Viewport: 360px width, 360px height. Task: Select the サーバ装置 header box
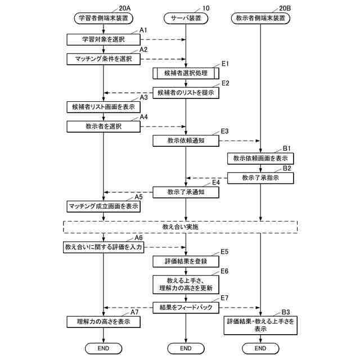click(x=186, y=18)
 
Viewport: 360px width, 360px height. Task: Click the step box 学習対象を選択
click(x=103, y=39)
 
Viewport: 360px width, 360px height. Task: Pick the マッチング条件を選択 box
click(x=103, y=58)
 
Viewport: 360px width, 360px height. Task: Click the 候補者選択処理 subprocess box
click(x=186, y=74)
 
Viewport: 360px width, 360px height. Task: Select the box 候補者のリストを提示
click(x=186, y=92)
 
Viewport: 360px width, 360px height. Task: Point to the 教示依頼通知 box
click(x=186, y=141)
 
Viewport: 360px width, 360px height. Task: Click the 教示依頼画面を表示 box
click(x=260, y=159)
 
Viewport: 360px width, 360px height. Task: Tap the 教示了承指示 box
click(x=260, y=178)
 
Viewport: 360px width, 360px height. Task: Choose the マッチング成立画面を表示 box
click(x=103, y=206)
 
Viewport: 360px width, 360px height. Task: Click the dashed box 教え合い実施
click(x=180, y=227)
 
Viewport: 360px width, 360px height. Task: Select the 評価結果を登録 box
click(x=186, y=261)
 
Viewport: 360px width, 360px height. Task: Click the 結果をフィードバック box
click(x=186, y=307)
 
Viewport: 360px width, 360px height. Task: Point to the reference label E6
click(x=224, y=271)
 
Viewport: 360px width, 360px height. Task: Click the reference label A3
click(x=144, y=97)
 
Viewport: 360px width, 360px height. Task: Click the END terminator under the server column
click(x=186, y=348)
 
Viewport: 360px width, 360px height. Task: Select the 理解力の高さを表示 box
click(x=103, y=322)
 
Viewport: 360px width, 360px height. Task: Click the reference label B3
click(x=286, y=312)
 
